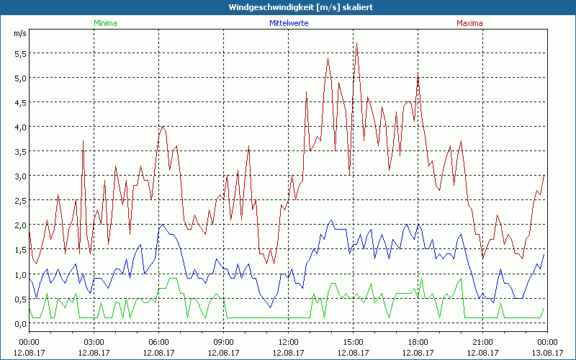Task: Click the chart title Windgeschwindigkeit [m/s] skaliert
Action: [288, 6]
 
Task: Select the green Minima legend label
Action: [105, 23]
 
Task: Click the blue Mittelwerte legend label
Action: [288, 23]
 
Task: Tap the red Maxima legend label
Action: [470, 23]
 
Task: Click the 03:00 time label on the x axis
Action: [94, 341]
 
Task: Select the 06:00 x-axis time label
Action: [158, 341]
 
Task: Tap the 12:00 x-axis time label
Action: [288, 341]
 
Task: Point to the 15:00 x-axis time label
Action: [353, 341]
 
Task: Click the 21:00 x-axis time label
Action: [482, 341]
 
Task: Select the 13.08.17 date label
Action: [547, 353]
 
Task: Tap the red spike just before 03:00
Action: [84, 141]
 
